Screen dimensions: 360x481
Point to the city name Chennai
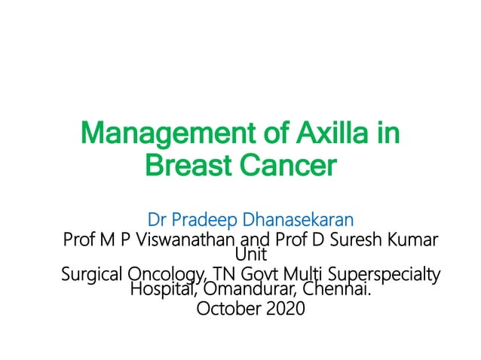[338, 288]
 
